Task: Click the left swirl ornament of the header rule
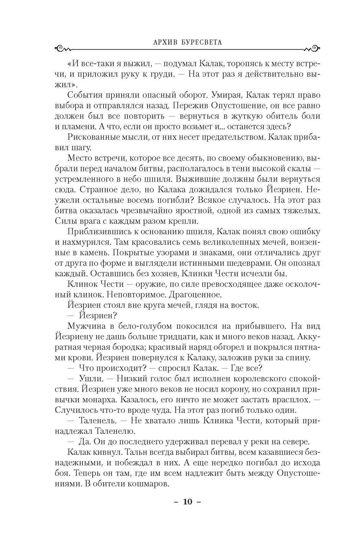tap(63, 49)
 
